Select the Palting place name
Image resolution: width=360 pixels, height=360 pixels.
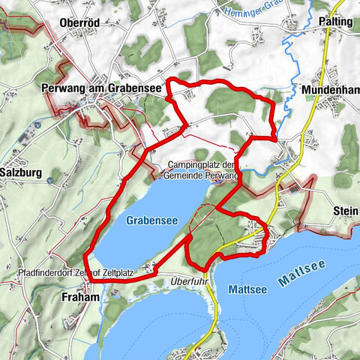pyautogui.click(x=334, y=22)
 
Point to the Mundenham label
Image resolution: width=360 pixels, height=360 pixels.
pyautogui.click(x=330, y=89)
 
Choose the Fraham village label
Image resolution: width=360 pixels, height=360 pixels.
pyautogui.click(x=74, y=297)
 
